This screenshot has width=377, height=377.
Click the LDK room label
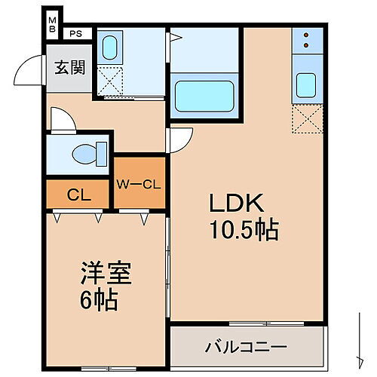(235, 203)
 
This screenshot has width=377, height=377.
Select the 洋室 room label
(106, 272)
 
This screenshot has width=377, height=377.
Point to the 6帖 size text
(99, 301)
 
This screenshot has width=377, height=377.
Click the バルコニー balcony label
(246, 348)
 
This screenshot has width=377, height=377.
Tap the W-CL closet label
(138, 183)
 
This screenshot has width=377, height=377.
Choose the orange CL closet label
(79, 195)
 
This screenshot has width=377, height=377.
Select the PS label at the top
(76, 34)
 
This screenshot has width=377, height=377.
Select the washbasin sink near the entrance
(110, 48)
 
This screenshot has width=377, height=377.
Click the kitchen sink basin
(306, 85)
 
